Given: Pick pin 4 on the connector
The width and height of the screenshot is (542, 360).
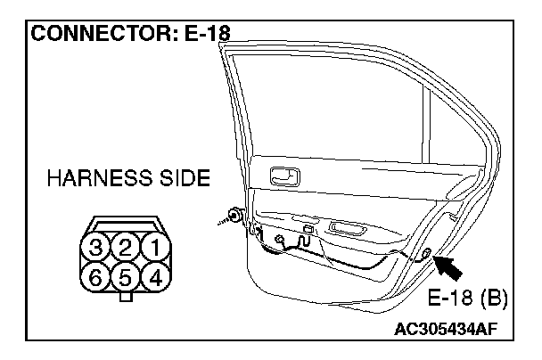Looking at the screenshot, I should point(155,276).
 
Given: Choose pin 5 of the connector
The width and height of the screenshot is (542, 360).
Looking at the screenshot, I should point(127,276).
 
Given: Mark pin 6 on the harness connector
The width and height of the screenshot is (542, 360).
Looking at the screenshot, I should point(97,276).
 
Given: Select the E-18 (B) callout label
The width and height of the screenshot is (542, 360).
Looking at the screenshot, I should point(467,297).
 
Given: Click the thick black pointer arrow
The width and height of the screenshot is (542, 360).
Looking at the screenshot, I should point(451,266).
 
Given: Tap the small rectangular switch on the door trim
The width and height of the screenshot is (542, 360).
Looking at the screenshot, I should point(308,230).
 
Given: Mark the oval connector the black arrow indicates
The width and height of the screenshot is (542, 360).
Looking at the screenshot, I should point(428,256).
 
